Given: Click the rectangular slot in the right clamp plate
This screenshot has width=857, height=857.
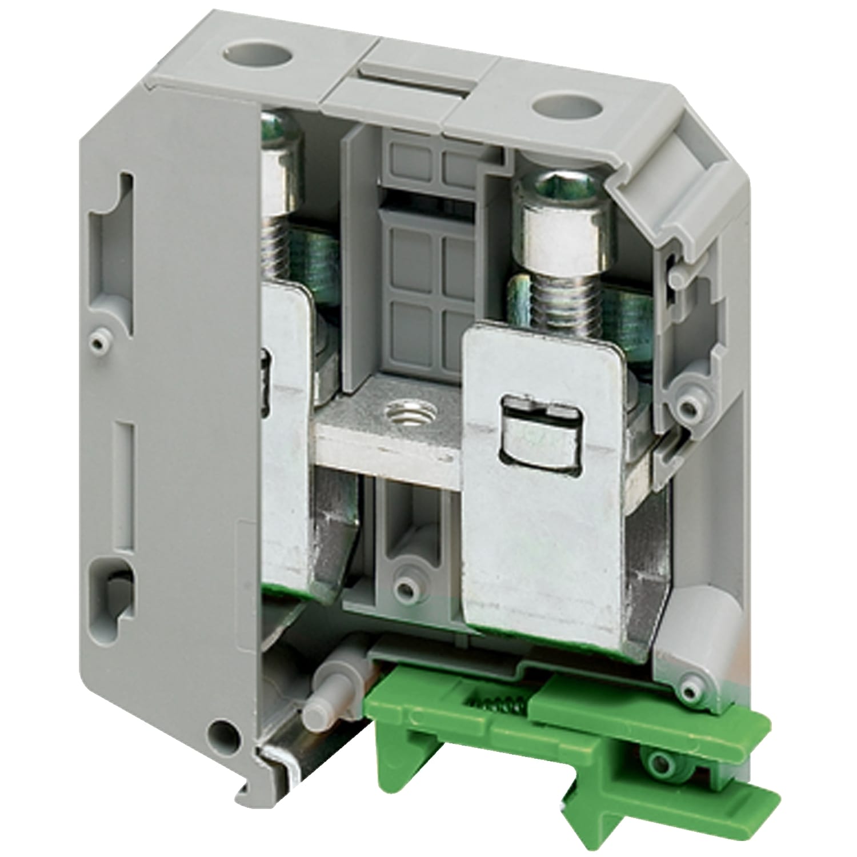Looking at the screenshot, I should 538,434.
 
